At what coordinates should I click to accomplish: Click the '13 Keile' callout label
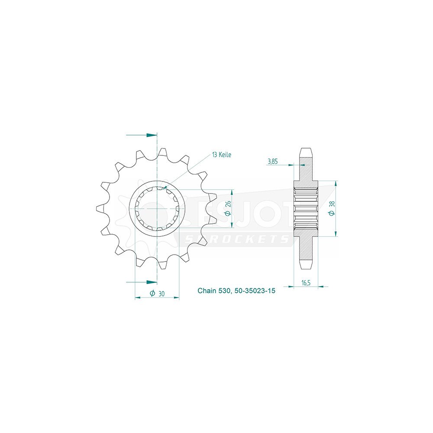221,155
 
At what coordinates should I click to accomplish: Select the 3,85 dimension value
272,162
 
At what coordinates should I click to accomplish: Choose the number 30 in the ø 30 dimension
161,294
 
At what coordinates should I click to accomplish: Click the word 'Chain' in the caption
207,291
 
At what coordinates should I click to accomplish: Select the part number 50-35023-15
255,291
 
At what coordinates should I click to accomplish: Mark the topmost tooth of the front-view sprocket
162,152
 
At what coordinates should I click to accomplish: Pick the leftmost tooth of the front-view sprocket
100,208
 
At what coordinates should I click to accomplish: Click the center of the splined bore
158,209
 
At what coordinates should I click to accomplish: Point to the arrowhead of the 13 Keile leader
165,187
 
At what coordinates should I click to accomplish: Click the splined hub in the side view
306,209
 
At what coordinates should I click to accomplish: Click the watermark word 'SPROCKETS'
236,239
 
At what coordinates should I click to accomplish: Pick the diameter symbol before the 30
152,294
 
